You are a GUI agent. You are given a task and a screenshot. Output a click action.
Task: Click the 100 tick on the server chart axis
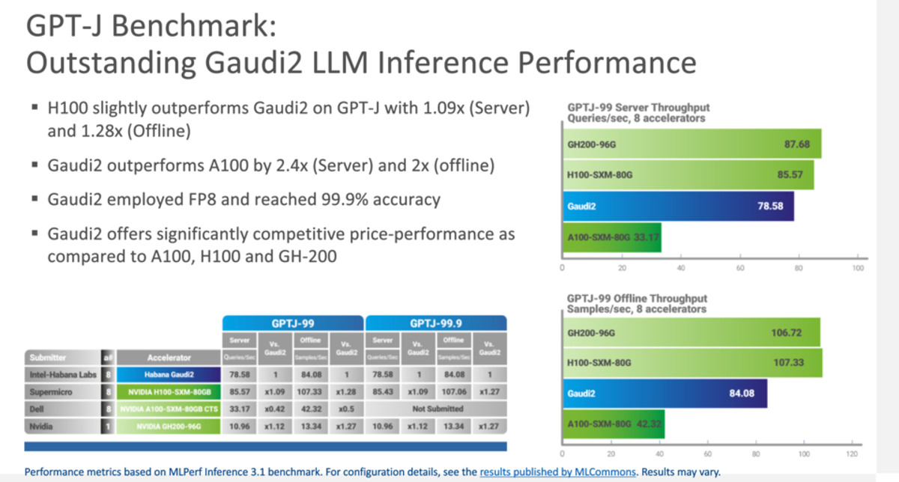[859, 268]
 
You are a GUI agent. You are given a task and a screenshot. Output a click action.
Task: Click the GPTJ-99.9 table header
[435, 323]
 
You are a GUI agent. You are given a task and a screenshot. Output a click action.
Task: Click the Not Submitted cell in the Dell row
[435, 409]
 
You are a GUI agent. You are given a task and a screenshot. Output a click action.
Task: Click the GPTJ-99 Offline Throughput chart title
[636, 299]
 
